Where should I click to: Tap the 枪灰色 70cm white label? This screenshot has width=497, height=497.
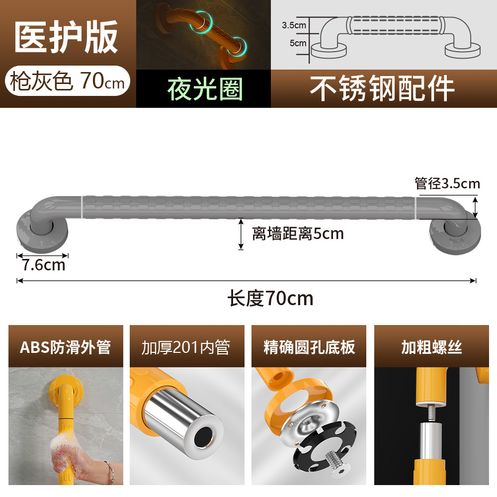click(x=68, y=81)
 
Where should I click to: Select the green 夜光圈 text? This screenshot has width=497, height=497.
click(x=204, y=89)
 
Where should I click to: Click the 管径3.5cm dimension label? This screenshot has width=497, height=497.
click(x=447, y=184)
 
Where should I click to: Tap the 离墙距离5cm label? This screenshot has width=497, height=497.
click(x=298, y=233)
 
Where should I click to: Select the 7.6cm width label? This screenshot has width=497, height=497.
click(x=43, y=265)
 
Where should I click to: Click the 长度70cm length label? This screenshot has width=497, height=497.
click(x=270, y=298)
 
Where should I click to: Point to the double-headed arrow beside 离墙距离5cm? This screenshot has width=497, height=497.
click(x=241, y=234)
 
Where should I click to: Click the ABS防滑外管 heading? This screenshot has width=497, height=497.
click(x=65, y=347)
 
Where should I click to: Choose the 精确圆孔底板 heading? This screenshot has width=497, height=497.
click(x=309, y=347)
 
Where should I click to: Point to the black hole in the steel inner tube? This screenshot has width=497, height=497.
click(x=202, y=438)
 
